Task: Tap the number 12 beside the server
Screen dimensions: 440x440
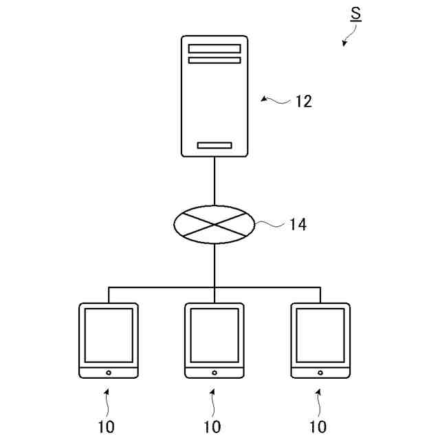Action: (303, 102)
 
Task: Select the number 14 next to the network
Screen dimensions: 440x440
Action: (298, 224)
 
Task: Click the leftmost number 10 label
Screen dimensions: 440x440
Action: (107, 427)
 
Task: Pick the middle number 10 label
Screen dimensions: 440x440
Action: (212, 427)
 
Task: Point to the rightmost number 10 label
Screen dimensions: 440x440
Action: (318, 427)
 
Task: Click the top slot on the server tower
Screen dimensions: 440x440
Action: (214, 49)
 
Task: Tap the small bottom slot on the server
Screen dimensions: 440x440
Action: (214, 145)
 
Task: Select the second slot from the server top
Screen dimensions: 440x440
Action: (214, 60)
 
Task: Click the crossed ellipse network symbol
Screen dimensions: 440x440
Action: (214, 224)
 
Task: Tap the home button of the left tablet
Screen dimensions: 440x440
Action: (109, 372)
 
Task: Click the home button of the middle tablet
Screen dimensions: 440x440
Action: (214, 372)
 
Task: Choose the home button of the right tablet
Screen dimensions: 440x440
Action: (320, 372)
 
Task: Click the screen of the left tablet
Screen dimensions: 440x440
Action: (109, 335)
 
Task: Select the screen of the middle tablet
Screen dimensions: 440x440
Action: (214, 335)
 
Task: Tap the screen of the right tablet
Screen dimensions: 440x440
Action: (320, 335)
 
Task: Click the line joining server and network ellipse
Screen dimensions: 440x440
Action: (214, 181)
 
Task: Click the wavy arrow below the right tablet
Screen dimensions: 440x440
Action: (319, 402)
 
